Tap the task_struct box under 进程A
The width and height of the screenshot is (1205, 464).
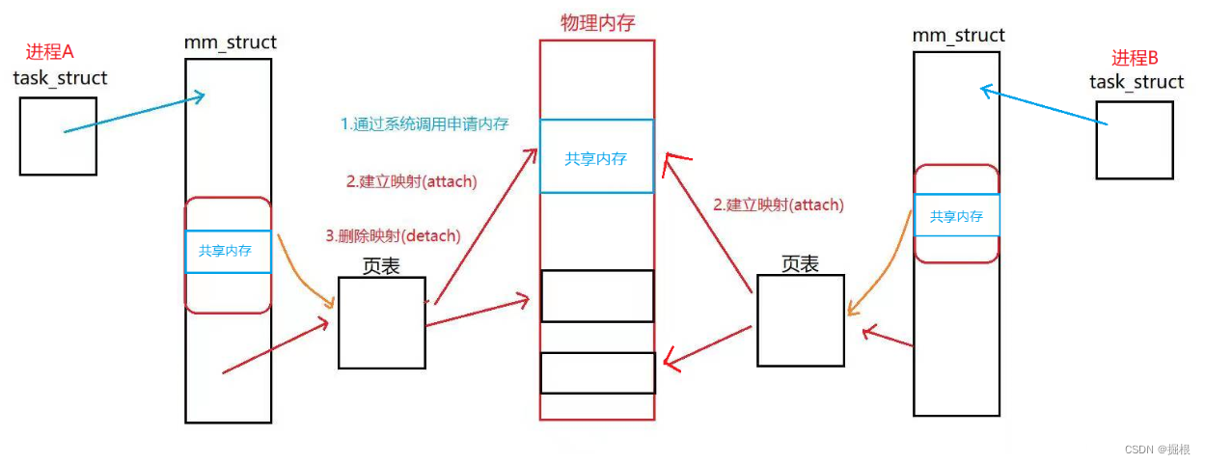(x=58, y=136)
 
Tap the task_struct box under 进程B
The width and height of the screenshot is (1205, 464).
(x=1135, y=140)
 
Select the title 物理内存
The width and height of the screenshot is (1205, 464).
(x=597, y=23)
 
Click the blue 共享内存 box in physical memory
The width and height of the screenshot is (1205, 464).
(x=596, y=156)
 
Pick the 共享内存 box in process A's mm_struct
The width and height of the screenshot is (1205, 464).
(x=228, y=252)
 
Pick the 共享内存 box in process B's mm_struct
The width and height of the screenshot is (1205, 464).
(x=956, y=216)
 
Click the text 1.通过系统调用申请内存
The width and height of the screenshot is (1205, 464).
(x=425, y=123)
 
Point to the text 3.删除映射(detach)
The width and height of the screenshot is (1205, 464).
(x=393, y=235)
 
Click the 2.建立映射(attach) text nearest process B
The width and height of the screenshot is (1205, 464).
(x=779, y=205)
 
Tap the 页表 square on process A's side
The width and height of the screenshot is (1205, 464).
(x=381, y=323)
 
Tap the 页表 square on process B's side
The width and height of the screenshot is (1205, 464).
(x=800, y=320)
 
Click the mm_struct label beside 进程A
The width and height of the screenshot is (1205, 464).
(x=230, y=42)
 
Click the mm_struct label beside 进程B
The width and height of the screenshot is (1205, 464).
(x=958, y=36)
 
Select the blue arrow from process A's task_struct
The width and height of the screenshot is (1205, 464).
(x=135, y=112)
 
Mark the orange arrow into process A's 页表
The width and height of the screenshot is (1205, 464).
(x=307, y=275)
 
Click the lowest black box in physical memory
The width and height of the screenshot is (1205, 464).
(x=597, y=373)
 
